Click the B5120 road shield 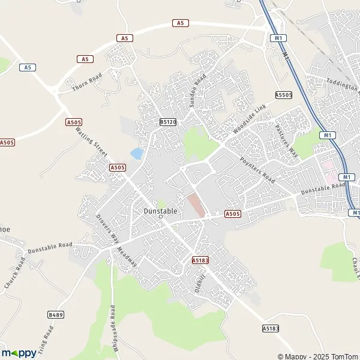pyautogui.click(x=168, y=122)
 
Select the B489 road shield pyautogui.click(x=56, y=314)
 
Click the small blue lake pyautogui.click(x=137, y=154)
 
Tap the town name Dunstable pyautogui.click(x=160, y=211)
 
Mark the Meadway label pyautogui.click(x=127, y=257)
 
